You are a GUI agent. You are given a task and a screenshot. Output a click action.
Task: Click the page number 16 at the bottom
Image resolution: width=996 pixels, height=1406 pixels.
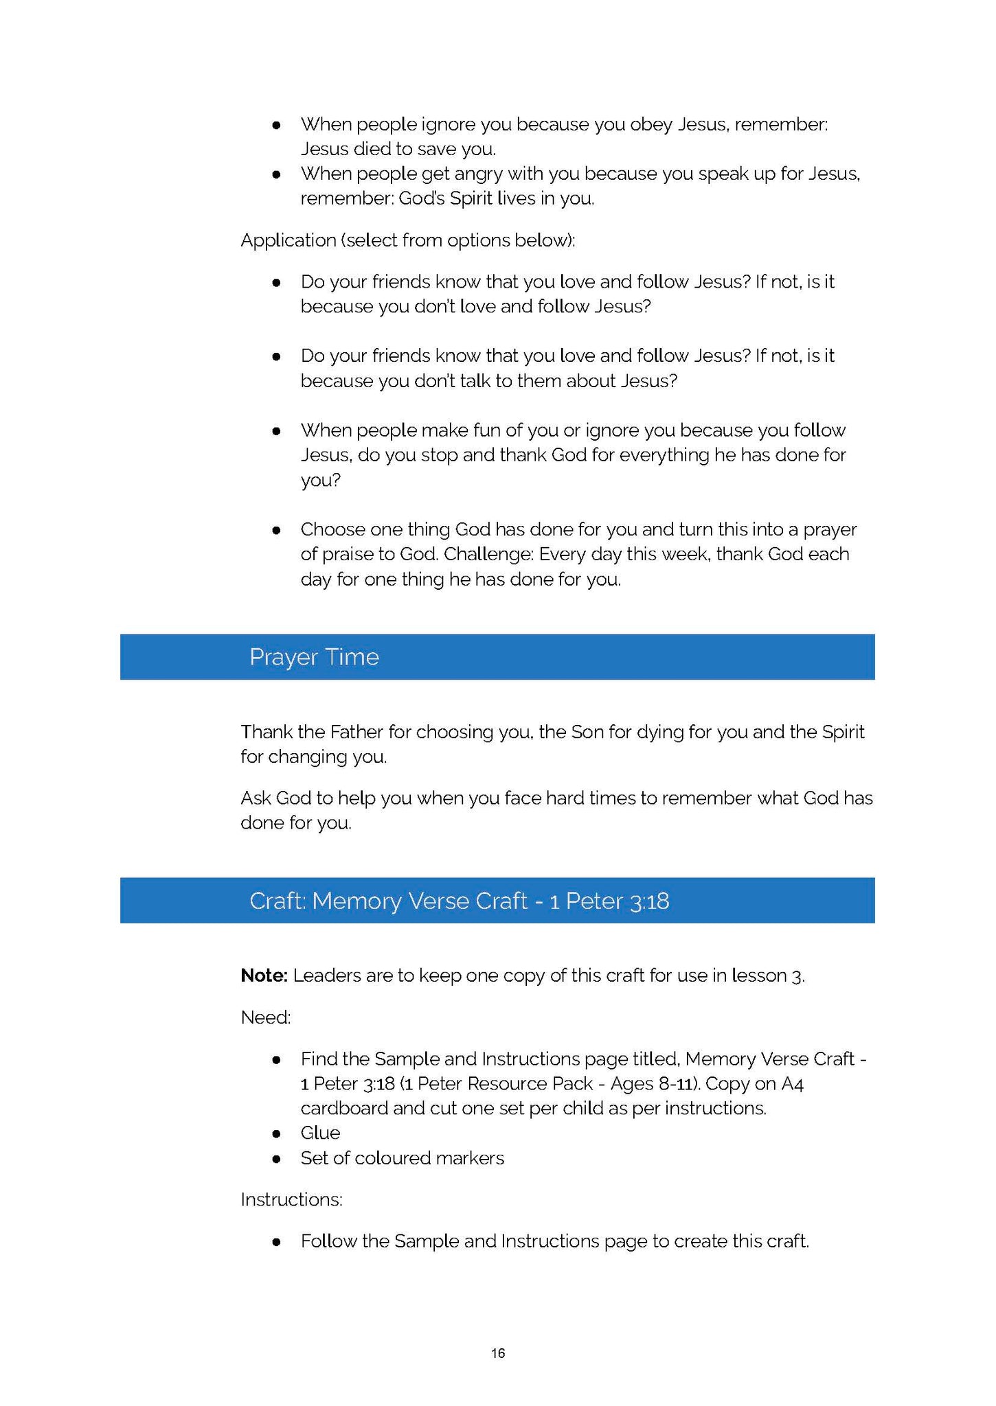tap(498, 1352)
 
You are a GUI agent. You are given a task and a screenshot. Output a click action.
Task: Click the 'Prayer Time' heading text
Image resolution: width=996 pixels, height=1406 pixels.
tap(314, 657)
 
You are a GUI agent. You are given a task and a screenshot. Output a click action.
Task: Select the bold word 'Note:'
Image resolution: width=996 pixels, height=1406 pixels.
tap(264, 975)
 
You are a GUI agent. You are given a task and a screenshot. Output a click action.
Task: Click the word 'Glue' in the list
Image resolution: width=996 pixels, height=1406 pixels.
tap(320, 1132)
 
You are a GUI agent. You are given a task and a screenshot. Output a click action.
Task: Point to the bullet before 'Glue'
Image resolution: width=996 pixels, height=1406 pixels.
tap(276, 1133)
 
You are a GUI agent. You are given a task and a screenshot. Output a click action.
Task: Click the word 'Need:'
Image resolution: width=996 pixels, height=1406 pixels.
tap(266, 1017)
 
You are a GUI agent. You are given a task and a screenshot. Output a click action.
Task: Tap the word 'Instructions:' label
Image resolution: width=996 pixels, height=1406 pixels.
tap(291, 1199)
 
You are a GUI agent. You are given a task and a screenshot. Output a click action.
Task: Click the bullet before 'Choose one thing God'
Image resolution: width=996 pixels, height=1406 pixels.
tap(276, 530)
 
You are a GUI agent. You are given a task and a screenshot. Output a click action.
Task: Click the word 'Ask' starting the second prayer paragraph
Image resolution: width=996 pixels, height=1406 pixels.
tap(255, 798)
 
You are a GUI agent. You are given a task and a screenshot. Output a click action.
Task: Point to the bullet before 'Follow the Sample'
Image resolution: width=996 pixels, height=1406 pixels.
tap(276, 1241)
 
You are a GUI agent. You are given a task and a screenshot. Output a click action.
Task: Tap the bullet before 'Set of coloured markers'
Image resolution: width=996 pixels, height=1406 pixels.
tap(276, 1158)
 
